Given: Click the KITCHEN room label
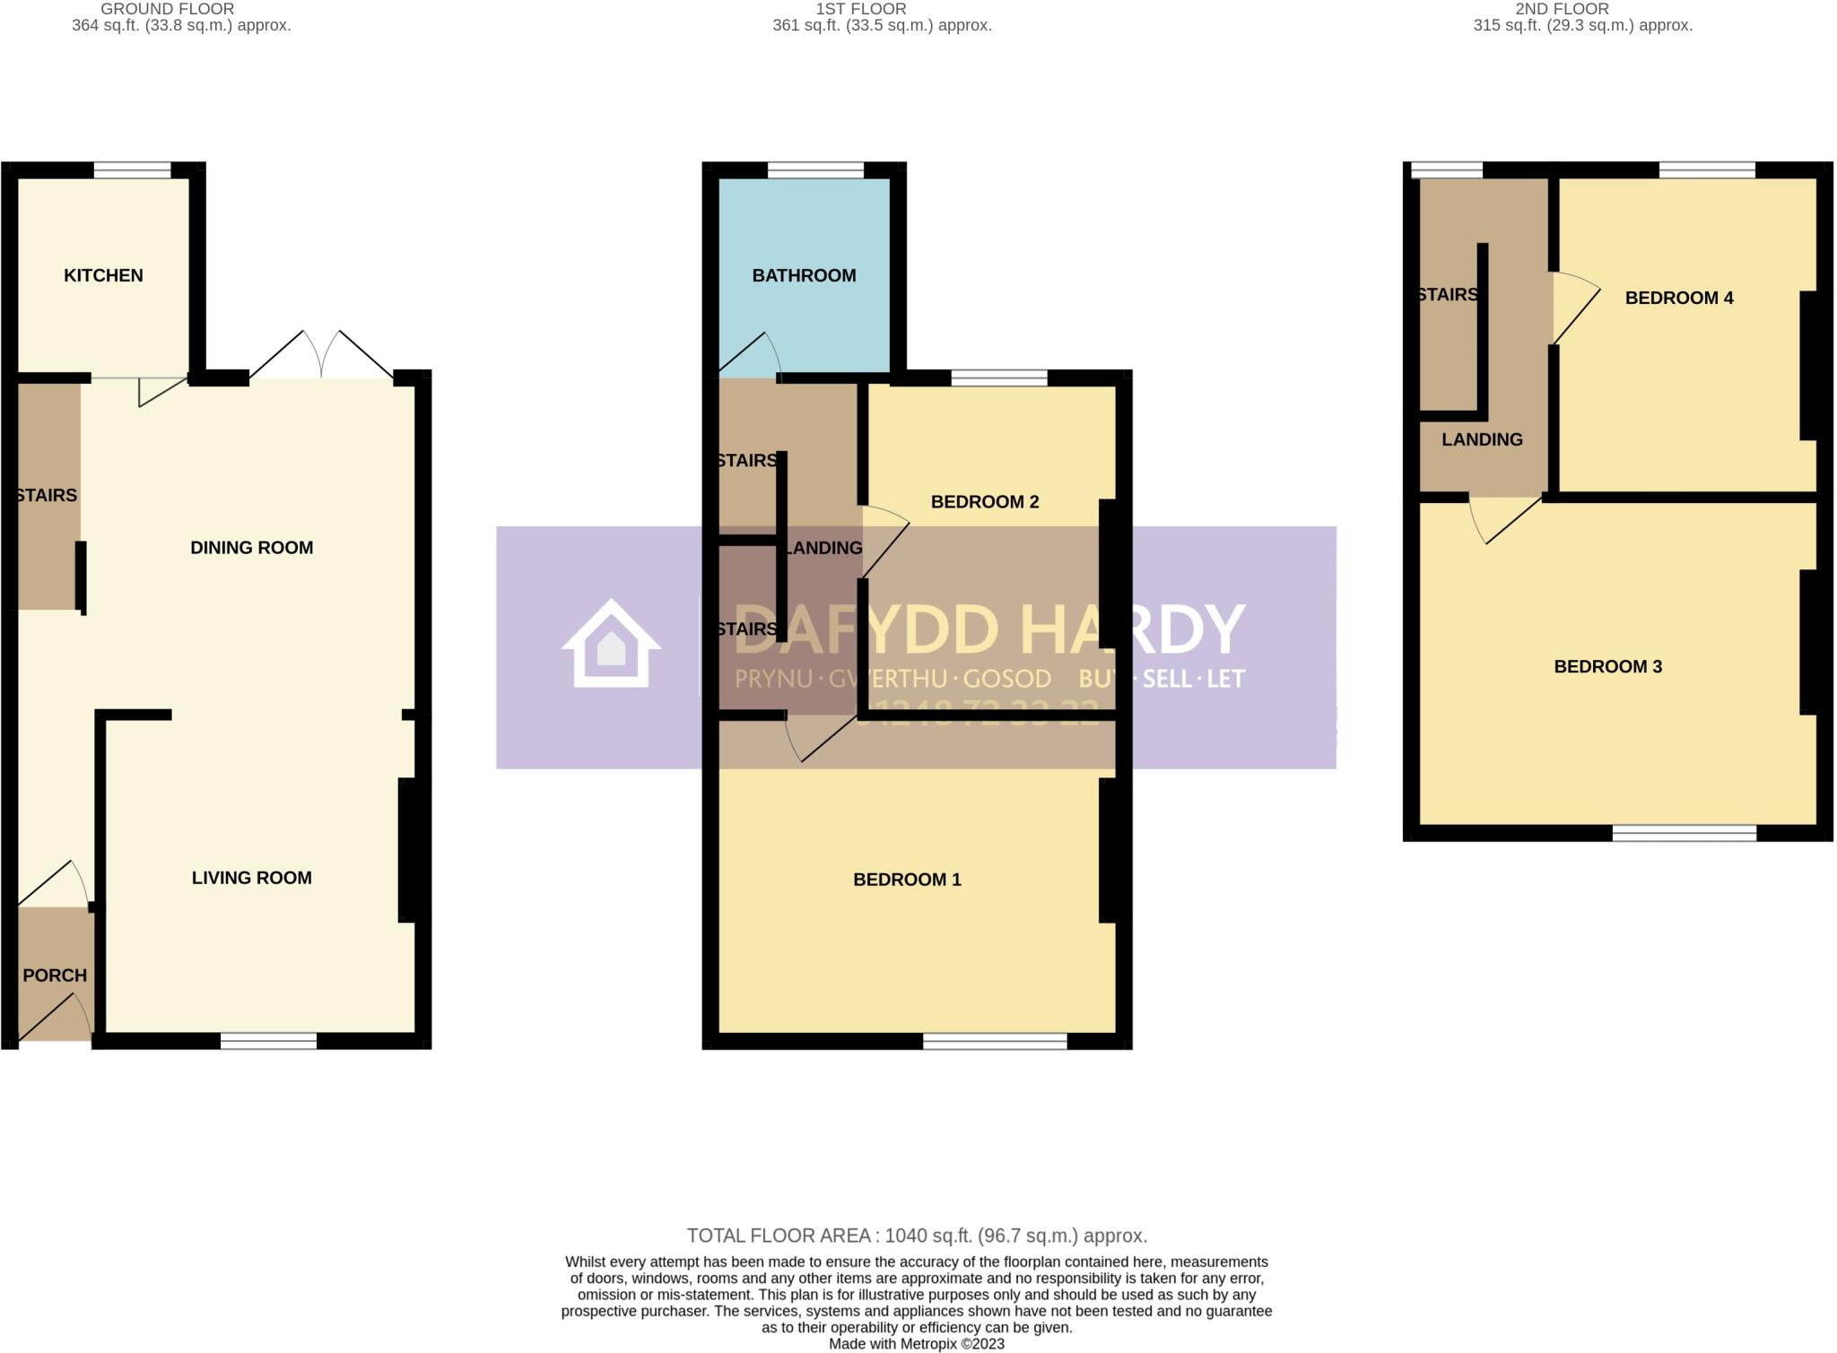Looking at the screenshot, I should [x=103, y=275].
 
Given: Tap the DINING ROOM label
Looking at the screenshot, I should [x=251, y=548].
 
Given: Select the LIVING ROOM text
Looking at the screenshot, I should [x=251, y=878].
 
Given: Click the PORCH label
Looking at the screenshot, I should [x=55, y=976].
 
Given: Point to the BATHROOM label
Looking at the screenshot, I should [x=804, y=275].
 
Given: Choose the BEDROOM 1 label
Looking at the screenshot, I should [x=907, y=880].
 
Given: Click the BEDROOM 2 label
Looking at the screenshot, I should [x=984, y=502].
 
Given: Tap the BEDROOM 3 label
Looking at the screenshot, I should [x=1607, y=667].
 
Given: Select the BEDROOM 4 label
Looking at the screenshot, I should [x=1678, y=298].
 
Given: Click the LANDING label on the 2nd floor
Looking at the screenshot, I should [x=1482, y=439].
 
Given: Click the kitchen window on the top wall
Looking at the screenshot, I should [x=133, y=170].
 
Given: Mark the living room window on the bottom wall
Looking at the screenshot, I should [x=269, y=1041].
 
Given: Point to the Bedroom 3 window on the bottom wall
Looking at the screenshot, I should [x=1684, y=833].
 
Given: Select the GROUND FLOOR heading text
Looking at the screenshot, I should [x=167, y=9].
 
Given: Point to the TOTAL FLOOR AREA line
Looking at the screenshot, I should [x=917, y=1236].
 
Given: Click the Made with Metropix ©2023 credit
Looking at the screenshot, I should [x=916, y=1344].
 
